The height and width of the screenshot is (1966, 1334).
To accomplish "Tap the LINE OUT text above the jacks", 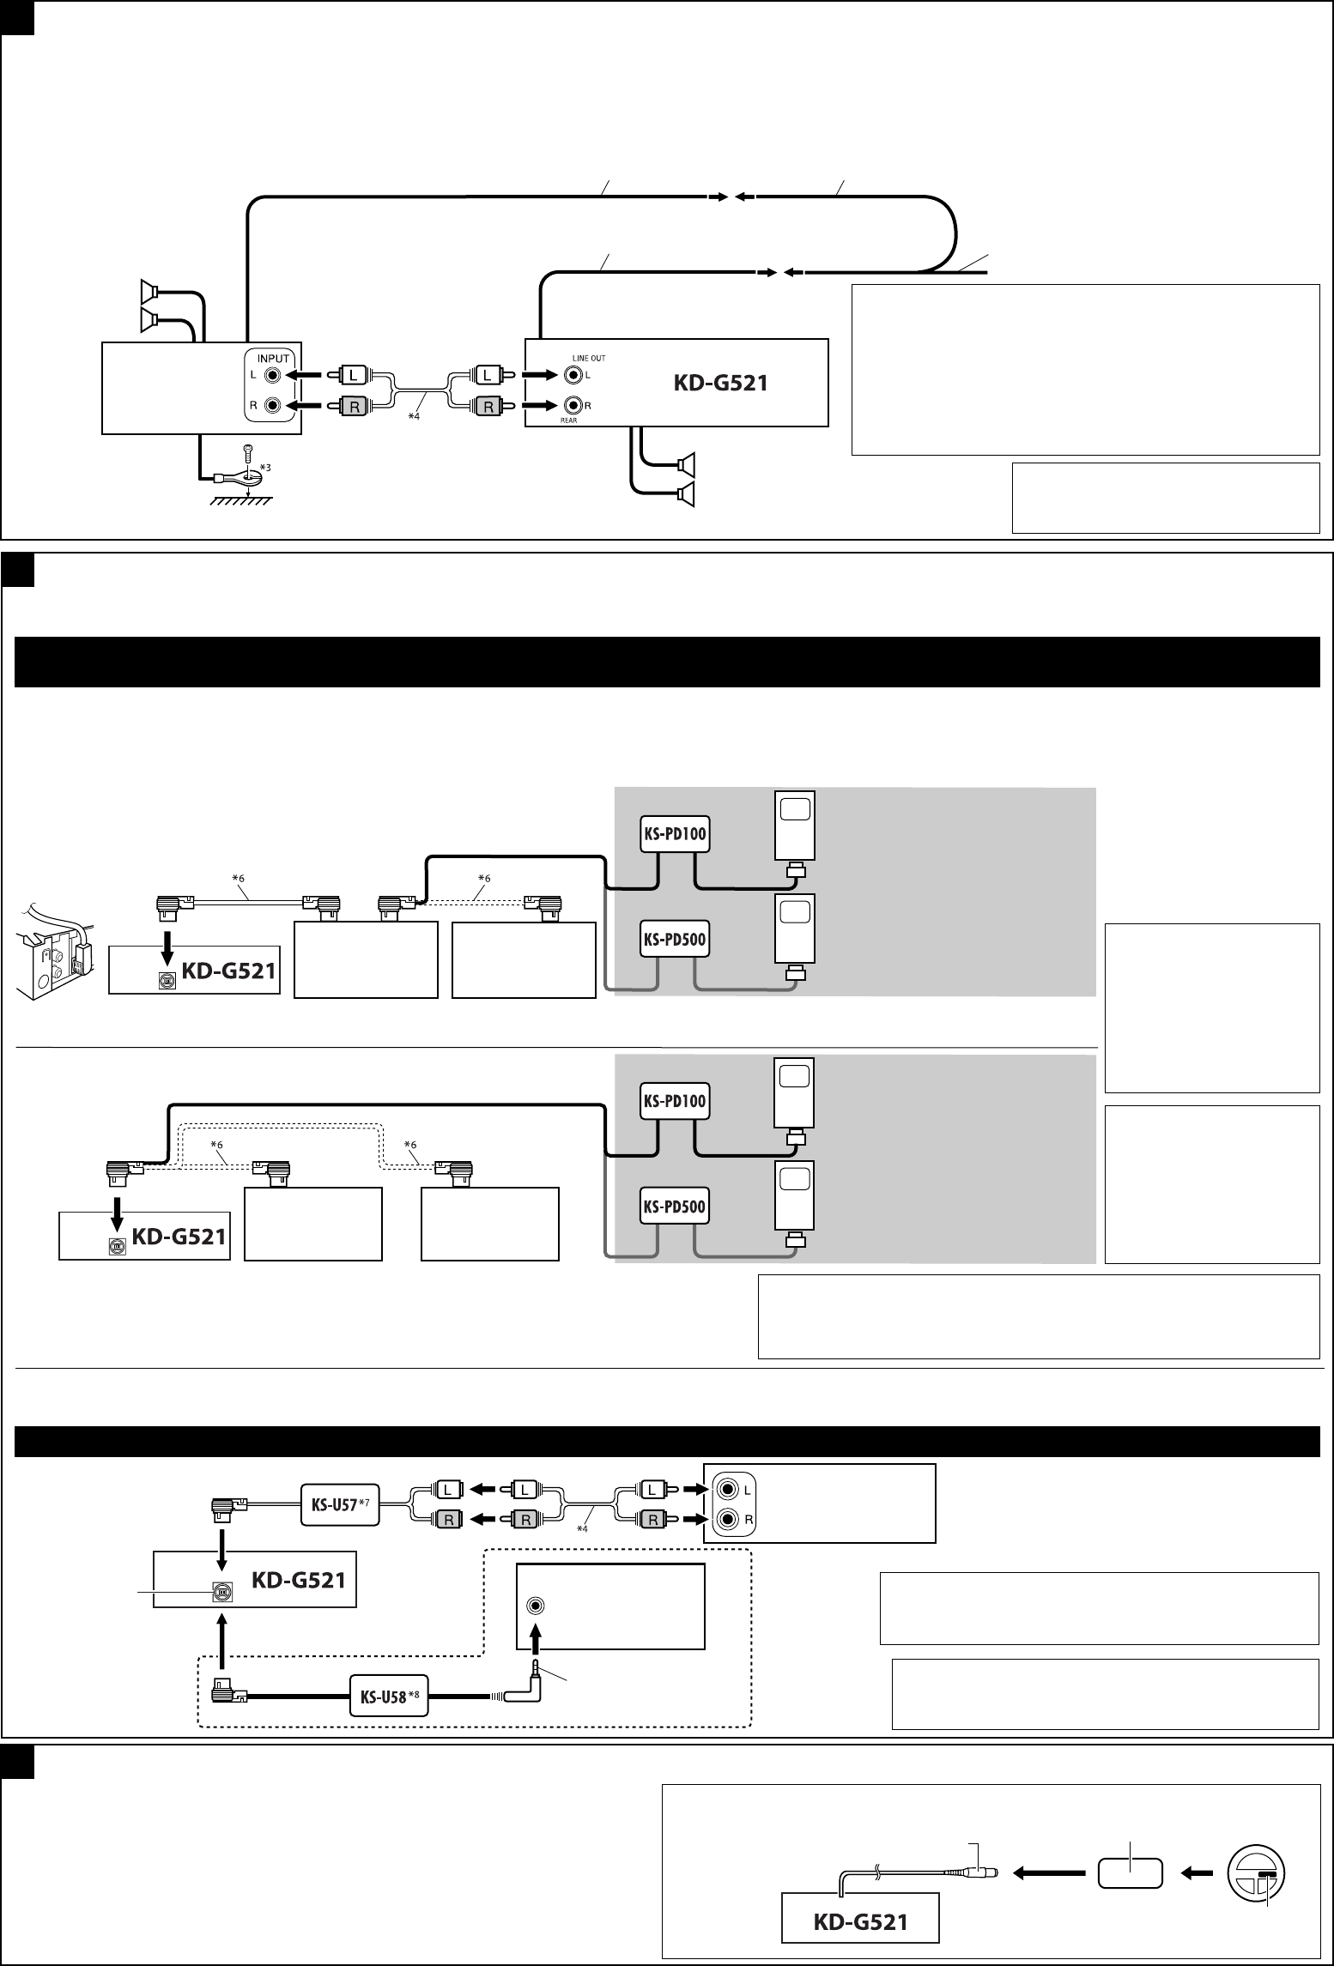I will pyautogui.click(x=588, y=358).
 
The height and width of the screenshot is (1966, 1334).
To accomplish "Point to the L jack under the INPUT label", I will pyautogui.click(x=273, y=375).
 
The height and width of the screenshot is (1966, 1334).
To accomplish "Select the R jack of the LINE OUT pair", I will pyautogui.click(x=570, y=405).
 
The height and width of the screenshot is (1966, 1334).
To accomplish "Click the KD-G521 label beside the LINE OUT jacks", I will pyautogui.click(x=719, y=384).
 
